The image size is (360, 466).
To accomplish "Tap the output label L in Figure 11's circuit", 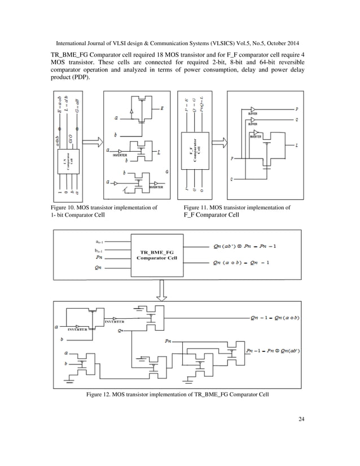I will click(297, 145).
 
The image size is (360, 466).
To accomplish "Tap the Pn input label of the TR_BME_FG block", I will click(99, 256).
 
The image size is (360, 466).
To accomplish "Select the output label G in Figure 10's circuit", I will click(167, 170).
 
